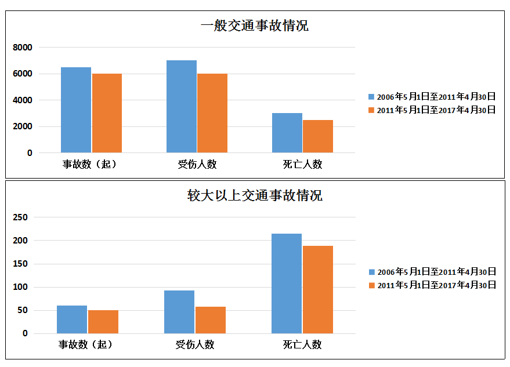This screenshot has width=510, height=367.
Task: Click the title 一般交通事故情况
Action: (x=254, y=26)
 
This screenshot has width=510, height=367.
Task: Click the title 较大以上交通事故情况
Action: (x=254, y=195)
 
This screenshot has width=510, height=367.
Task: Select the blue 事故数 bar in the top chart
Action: (x=76, y=110)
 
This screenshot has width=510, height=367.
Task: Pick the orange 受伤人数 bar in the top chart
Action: (x=212, y=113)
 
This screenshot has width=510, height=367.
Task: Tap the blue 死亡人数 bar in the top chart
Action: (x=287, y=133)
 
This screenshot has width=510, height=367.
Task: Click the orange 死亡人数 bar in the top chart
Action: (x=318, y=136)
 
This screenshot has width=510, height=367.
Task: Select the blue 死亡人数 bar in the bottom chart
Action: (x=287, y=284)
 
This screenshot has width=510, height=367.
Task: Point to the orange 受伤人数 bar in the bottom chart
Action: (x=211, y=320)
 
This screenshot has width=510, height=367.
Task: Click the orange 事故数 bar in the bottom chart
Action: (x=103, y=322)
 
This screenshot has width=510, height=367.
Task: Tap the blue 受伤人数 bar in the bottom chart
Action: (x=179, y=312)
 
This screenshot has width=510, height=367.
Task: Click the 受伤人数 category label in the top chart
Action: (x=197, y=164)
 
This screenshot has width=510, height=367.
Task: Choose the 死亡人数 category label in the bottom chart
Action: (x=302, y=344)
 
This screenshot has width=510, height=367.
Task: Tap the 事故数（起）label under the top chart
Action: (x=91, y=164)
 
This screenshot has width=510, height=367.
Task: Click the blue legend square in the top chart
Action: (x=371, y=97)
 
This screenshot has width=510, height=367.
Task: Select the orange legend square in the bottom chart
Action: (x=372, y=285)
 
